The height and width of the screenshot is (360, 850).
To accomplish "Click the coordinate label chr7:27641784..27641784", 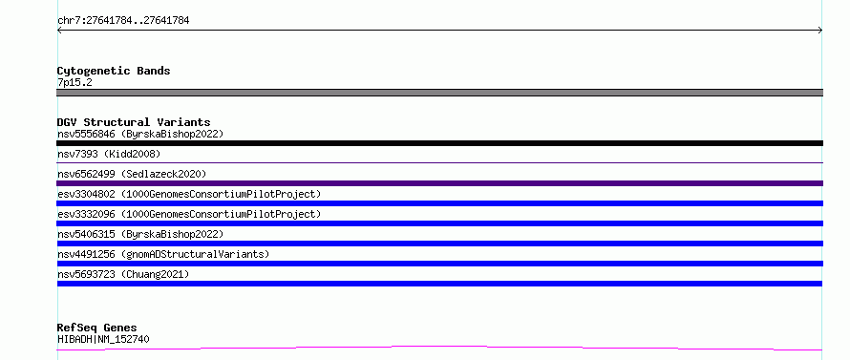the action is (x=123, y=21).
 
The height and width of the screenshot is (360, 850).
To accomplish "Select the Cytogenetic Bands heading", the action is (x=114, y=71).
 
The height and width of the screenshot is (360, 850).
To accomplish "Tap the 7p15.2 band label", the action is (x=74, y=82).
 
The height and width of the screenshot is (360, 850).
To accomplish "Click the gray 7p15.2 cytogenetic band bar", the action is (x=439, y=93).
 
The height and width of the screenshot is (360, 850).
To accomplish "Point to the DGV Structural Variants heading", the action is (x=134, y=122).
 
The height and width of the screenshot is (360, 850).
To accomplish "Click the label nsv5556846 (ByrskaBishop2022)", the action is (x=140, y=134).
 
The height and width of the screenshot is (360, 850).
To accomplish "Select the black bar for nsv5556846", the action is (x=439, y=143).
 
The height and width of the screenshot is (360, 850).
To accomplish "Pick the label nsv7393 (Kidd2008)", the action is (x=109, y=154).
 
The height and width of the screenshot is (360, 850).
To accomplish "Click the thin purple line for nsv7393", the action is (x=439, y=162).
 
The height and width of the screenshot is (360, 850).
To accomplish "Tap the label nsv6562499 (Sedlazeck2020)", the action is (x=132, y=174).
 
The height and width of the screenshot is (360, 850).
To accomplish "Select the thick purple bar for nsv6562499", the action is (x=439, y=183).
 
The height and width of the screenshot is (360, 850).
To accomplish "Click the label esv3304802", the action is (x=86, y=194).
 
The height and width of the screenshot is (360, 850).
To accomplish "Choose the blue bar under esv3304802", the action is (x=439, y=203).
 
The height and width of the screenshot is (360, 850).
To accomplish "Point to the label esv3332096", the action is (x=86, y=214).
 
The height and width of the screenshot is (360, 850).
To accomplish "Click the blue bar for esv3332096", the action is (x=439, y=223).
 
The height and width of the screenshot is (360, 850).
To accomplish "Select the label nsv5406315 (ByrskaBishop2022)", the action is (x=140, y=234).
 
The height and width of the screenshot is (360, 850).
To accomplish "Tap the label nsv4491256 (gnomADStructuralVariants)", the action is (x=163, y=254).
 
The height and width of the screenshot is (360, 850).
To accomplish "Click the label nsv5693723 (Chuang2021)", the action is (x=123, y=274).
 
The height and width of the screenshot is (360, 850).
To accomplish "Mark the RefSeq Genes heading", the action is (x=97, y=328).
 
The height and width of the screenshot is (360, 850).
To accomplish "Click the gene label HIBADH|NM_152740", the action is (x=103, y=339).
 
